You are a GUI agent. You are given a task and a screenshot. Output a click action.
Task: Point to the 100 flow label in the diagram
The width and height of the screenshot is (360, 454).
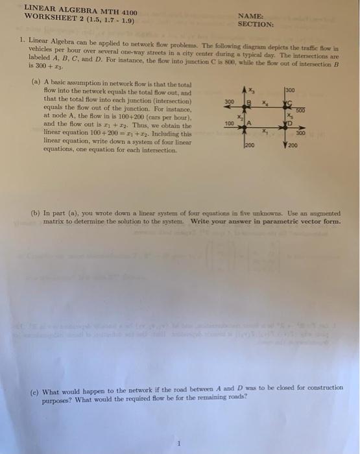228,123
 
